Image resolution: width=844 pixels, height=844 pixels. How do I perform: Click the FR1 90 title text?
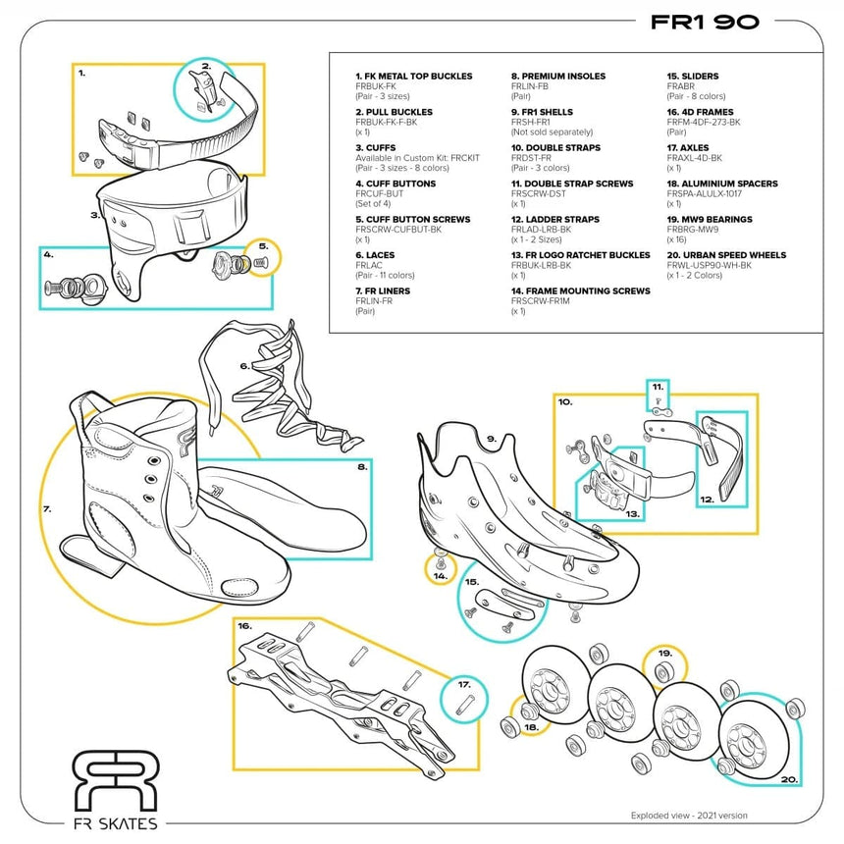coord(705,23)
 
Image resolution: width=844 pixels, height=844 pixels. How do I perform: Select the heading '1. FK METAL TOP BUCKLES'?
coord(413,76)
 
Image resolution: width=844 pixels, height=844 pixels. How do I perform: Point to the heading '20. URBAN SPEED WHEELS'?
coord(727,255)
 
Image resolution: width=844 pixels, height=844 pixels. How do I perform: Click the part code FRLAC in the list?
coord(368,265)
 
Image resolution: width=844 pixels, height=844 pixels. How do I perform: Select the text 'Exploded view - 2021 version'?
coord(689,815)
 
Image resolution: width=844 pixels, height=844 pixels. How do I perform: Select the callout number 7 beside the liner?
coord(46,509)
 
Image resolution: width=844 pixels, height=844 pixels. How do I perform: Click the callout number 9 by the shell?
coord(491,439)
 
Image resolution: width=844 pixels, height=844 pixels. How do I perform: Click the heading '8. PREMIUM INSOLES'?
coord(557,76)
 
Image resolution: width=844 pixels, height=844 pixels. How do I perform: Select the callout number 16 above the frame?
coord(244,625)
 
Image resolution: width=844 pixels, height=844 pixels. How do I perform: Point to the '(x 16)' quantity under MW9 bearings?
coord(678,239)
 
